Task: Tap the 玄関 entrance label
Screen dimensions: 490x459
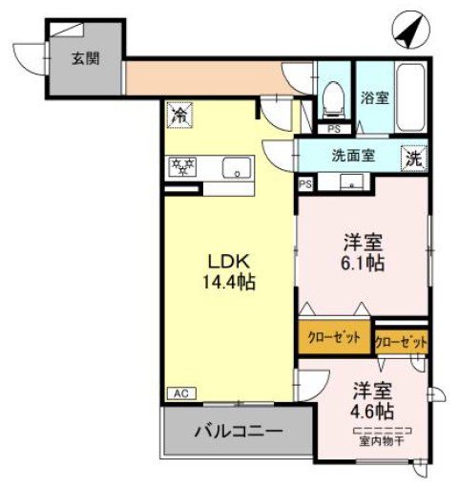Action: coord(83,57)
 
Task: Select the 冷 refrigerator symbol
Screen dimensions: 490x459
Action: coord(178,114)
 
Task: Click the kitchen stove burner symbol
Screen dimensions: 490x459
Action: coord(181,168)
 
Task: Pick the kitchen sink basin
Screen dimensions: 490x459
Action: coord(234,169)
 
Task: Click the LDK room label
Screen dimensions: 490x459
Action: coord(230,260)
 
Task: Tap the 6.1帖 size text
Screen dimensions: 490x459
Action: coord(362,263)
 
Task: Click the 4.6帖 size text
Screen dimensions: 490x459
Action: coord(372,410)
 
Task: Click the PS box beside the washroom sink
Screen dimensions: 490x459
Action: coord(305,183)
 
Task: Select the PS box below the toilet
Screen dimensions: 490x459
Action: coord(333,129)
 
